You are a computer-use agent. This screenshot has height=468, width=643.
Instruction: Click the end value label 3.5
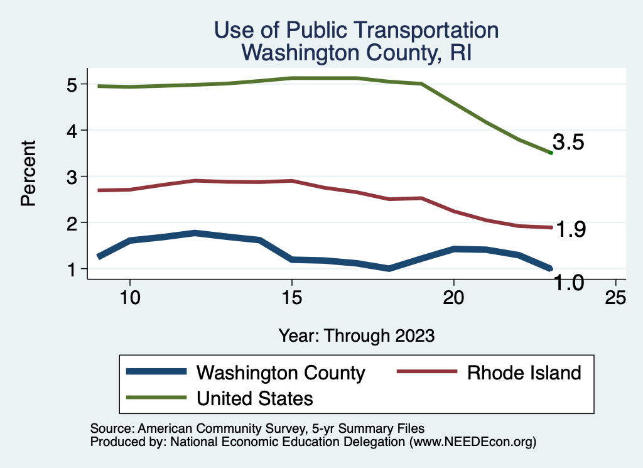(568, 143)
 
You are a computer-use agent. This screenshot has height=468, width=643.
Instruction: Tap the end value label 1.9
(570, 230)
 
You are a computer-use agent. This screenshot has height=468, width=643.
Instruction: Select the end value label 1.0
(570, 283)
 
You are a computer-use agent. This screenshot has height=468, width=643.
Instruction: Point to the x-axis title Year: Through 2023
(357, 335)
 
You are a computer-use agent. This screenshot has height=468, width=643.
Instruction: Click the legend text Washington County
(281, 373)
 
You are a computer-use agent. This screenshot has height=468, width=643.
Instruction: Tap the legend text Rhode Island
(524, 373)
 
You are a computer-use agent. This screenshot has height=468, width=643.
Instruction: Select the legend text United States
(254, 398)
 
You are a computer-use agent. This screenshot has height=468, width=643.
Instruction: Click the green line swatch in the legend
(156, 397)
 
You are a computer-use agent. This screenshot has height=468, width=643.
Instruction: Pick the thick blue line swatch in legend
(156, 372)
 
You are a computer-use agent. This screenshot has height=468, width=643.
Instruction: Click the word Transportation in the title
(415, 30)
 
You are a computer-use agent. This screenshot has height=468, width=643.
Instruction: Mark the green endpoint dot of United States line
(551, 153)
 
